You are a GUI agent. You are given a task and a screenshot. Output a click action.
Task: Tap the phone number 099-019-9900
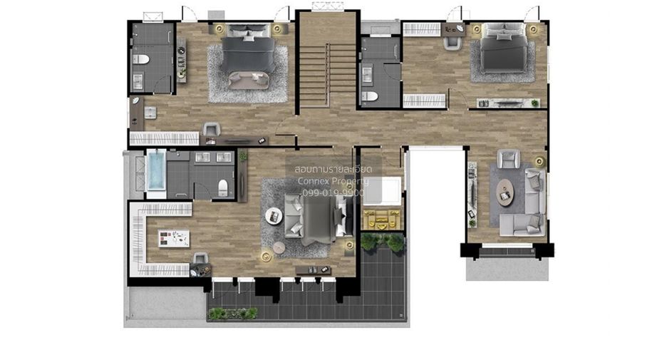(333, 192)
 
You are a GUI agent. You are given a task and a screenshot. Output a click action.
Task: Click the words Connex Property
(333, 181)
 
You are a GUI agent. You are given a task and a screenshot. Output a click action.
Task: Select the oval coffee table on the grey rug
(505, 192)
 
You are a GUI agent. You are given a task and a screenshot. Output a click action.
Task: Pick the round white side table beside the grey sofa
(274, 216)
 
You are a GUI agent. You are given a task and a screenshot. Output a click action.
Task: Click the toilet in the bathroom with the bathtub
(223, 187)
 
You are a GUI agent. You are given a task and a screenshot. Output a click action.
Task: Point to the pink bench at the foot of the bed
(249, 80)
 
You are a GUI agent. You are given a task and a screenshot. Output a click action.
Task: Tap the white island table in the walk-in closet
(174, 239)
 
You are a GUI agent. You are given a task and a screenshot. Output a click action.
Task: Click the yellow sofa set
(381, 219)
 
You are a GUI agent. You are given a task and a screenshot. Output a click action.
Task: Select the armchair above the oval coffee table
(508, 159)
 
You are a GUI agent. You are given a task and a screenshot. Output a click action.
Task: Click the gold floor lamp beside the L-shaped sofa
(539, 161)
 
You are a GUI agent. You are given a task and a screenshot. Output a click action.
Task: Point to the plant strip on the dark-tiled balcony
(233, 314)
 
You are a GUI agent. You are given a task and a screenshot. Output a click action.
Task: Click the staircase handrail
(328, 74)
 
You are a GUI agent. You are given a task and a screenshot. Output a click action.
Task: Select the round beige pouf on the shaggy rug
(279, 247)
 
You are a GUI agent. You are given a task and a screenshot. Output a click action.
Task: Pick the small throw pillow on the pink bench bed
(249, 38)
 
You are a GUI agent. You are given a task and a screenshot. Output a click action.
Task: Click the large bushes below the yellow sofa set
(383, 242)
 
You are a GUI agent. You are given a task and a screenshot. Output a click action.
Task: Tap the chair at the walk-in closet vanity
(200, 258)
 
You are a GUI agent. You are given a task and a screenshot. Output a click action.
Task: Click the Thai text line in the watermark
(333, 170)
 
